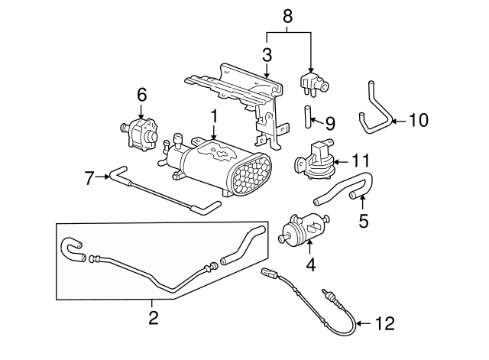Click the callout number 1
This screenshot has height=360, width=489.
click(x=215, y=116)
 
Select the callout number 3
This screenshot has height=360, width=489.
click(x=267, y=55)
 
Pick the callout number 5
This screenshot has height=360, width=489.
click(x=363, y=221)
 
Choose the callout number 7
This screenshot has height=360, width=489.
click(x=89, y=178)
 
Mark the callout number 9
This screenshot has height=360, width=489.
click(x=330, y=122)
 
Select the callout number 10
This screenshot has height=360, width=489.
click(x=419, y=120)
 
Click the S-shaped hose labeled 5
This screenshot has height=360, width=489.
click(x=344, y=189)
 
